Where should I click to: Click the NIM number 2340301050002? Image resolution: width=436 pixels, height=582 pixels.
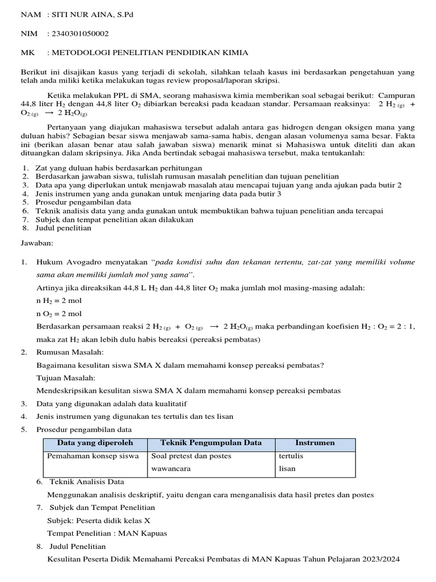point(80,34)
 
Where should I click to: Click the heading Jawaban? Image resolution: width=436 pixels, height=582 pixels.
point(37,243)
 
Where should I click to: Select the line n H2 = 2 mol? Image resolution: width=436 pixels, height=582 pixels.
point(59,301)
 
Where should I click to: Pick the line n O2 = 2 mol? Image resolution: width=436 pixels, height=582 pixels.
point(59,314)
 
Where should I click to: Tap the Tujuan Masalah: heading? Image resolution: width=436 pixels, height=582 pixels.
point(66,378)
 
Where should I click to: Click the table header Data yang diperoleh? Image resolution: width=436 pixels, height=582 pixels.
point(95,443)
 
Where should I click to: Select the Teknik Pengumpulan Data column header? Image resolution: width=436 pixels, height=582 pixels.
point(211,443)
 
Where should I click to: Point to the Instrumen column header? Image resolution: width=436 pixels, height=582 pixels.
point(315,443)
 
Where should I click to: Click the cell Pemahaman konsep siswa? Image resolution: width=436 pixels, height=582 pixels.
point(93,456)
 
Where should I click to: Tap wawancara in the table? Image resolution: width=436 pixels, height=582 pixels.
point(171,469)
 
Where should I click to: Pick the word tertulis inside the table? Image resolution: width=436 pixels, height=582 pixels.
point(291,456)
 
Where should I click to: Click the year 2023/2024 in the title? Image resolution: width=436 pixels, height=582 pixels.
point(379,559)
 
